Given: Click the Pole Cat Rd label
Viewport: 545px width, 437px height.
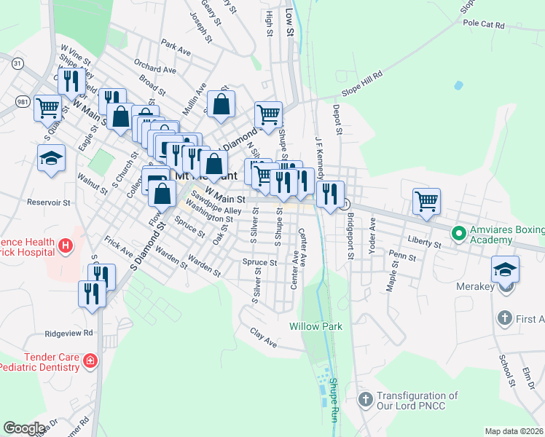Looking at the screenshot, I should (x=484, y=24).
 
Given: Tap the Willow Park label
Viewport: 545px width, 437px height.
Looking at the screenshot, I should (x=315, y=326).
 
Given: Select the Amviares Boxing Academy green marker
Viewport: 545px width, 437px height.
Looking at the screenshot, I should (x=458, y=234).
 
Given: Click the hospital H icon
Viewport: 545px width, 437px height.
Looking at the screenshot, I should (x=66, y=246).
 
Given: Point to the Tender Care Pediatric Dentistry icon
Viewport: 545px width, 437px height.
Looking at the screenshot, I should (x=90, y=361).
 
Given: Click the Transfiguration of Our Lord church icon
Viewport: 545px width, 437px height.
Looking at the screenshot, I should (x=366, y=399).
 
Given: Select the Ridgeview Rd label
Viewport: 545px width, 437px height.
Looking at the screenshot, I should (x=69, y=333).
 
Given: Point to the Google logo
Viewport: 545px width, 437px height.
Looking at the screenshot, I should (x=24, y=428).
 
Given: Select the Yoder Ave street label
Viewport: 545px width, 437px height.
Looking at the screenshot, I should (x=372, y=238).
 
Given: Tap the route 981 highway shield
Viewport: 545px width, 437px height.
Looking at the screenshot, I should (x=22, y=101).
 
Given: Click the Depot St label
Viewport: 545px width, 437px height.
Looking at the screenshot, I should (x=337, y=119).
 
